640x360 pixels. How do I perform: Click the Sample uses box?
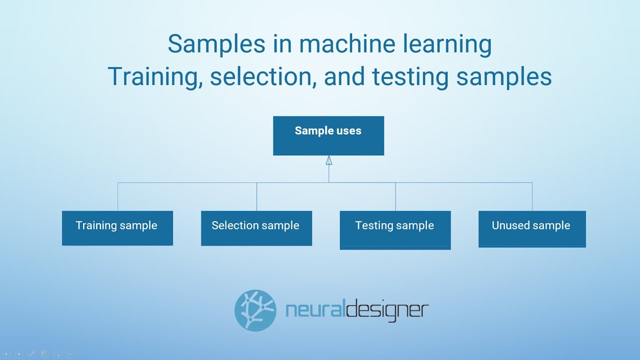pos(328,135)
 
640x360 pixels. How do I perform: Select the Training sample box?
pos(117,228)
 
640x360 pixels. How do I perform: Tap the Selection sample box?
pos(256,228)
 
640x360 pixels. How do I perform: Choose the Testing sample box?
pos(395,229)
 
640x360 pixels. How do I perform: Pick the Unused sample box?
pos(532,228)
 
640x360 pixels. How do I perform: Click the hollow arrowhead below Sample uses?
pos(329,160)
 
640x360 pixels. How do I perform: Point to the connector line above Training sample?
pos(118,196)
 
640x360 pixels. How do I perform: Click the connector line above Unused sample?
pos(532,196)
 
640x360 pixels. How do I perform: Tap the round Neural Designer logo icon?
pos(255,310)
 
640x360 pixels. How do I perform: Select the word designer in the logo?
pos(386,310)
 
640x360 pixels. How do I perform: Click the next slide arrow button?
pos(19,354)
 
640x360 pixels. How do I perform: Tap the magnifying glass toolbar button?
pos(56,354)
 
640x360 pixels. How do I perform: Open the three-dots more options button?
pos(69,354)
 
